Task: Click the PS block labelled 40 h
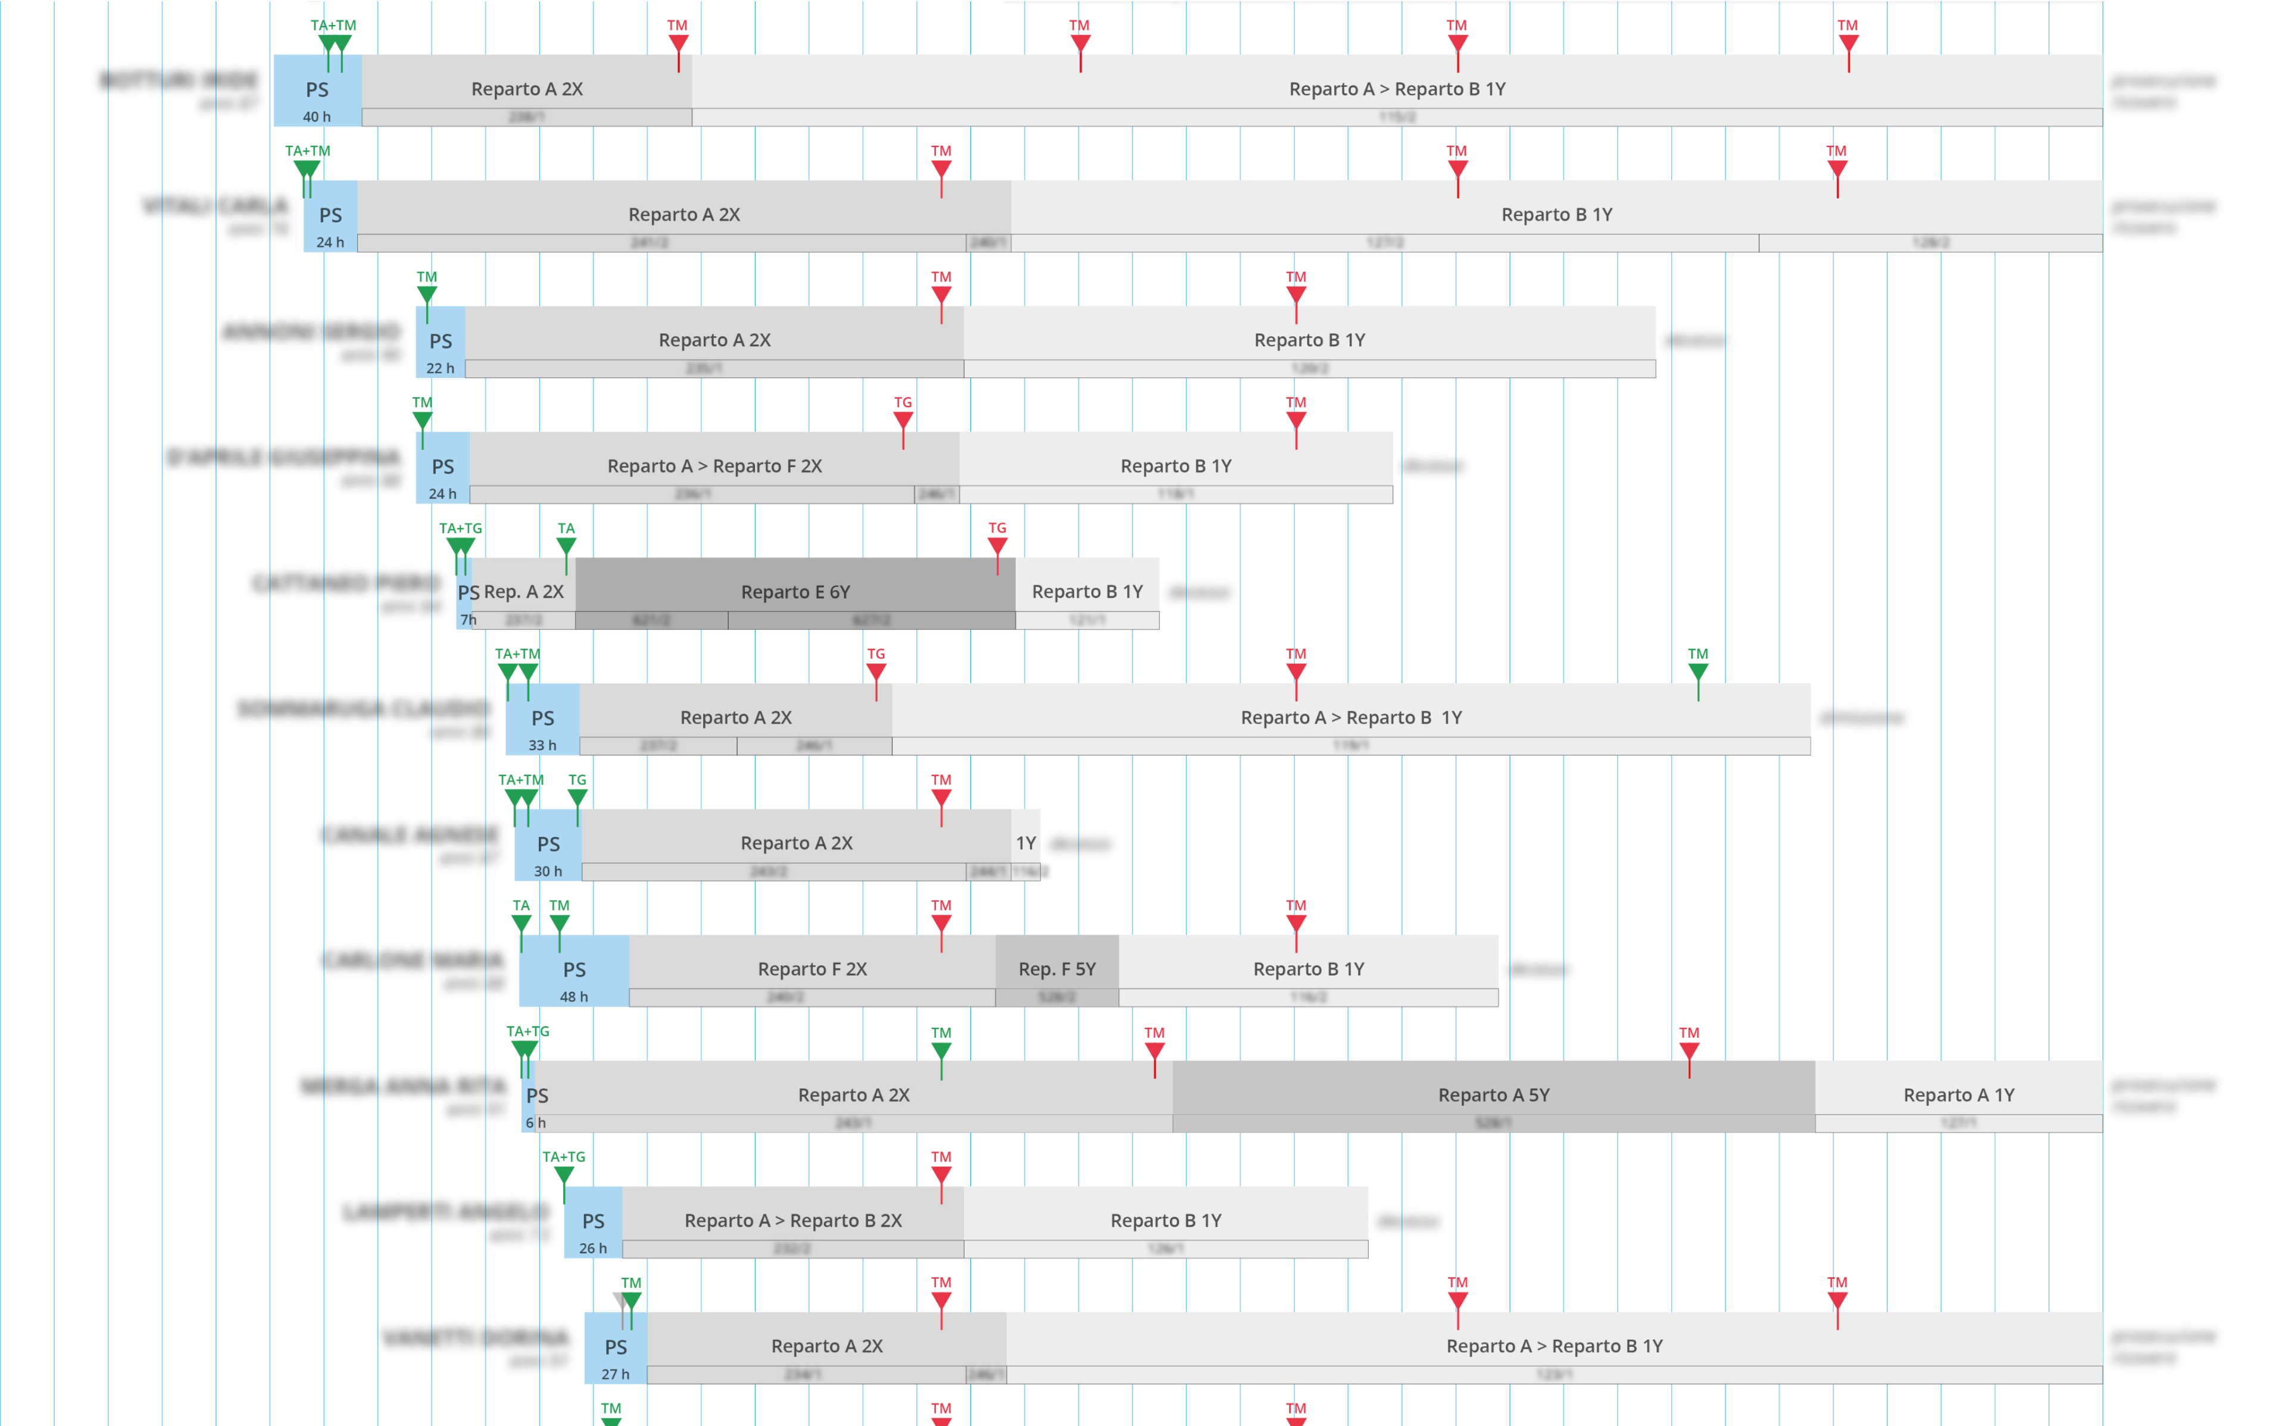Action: tap(317, 90)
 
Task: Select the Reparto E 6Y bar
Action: tap(795, 592)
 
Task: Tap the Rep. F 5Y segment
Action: tap(1057, 968)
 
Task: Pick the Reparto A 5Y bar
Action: tap(1493, 1094)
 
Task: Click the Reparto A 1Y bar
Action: tap(1959, 1094)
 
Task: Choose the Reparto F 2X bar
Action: tap(811, 968)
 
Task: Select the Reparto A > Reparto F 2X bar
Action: tap(714, 466)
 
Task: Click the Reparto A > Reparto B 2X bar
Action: tap(792, 1221)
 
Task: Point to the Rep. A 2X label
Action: tap(523, 592)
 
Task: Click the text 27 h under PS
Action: tap(615, 1374)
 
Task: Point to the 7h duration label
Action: tap(468, 620)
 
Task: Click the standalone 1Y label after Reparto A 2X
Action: tap(1025, 843)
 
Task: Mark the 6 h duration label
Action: tap(535, 1122)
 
